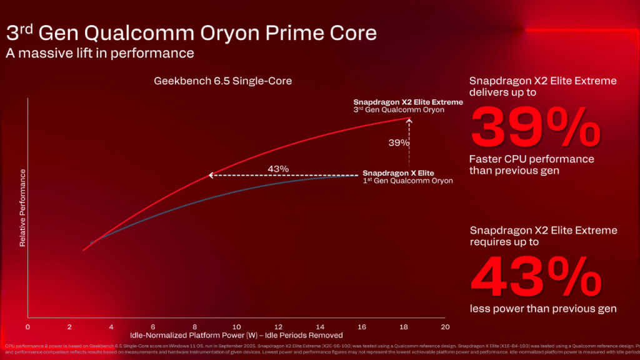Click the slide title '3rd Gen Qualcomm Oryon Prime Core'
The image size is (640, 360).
[191, 32]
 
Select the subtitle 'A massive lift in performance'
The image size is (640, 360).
[100, 53]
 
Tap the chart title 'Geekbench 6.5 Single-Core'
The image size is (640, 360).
[222, 81]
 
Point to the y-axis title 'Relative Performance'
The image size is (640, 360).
[22, 207]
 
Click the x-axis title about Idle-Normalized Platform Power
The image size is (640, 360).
[236, 336]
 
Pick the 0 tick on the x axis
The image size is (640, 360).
[27, 327]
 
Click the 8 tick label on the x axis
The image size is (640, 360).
[194, 327]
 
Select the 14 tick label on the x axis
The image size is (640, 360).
[319, 327]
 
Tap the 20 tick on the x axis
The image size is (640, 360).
[444, 327]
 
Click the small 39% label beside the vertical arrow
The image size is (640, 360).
[399, 142]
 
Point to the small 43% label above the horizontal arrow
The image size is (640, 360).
[277, 169]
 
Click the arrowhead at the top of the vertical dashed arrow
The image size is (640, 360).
[409, 121]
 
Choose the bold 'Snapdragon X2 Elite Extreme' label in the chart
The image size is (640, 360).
[408, 102]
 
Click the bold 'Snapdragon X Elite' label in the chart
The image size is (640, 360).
[398, 173]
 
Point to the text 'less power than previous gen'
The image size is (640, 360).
[543, 309]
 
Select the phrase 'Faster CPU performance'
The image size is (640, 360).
[532, 159]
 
